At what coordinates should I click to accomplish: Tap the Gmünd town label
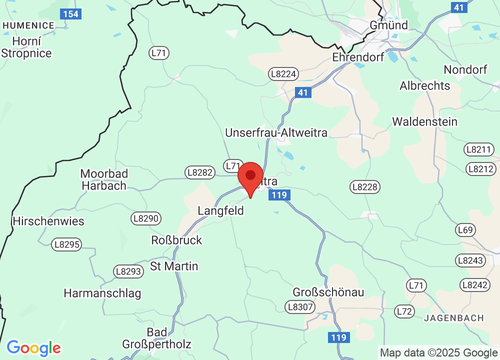point(388,24)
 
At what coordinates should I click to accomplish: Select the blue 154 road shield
point(70,13)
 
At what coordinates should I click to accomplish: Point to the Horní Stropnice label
point(26,47)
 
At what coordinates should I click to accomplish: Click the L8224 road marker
point(283,74)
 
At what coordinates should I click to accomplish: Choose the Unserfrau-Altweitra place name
point(276,132)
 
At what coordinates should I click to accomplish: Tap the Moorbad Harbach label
point(104,179)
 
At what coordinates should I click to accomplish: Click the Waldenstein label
point(425,121)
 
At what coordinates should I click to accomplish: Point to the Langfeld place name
point(220,210)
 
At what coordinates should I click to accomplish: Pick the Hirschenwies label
point(48,221)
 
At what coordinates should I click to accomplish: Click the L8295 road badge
point(66,244)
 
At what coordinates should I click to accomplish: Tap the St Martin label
point(174,266)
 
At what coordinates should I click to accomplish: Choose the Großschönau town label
point(328,292)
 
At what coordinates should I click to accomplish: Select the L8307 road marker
point(300,306)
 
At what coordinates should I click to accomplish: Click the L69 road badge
point(465,229)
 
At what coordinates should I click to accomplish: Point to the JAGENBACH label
point(454,317)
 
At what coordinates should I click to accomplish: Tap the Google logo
point(33,347)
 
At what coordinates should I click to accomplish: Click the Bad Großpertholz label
point(156,338)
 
